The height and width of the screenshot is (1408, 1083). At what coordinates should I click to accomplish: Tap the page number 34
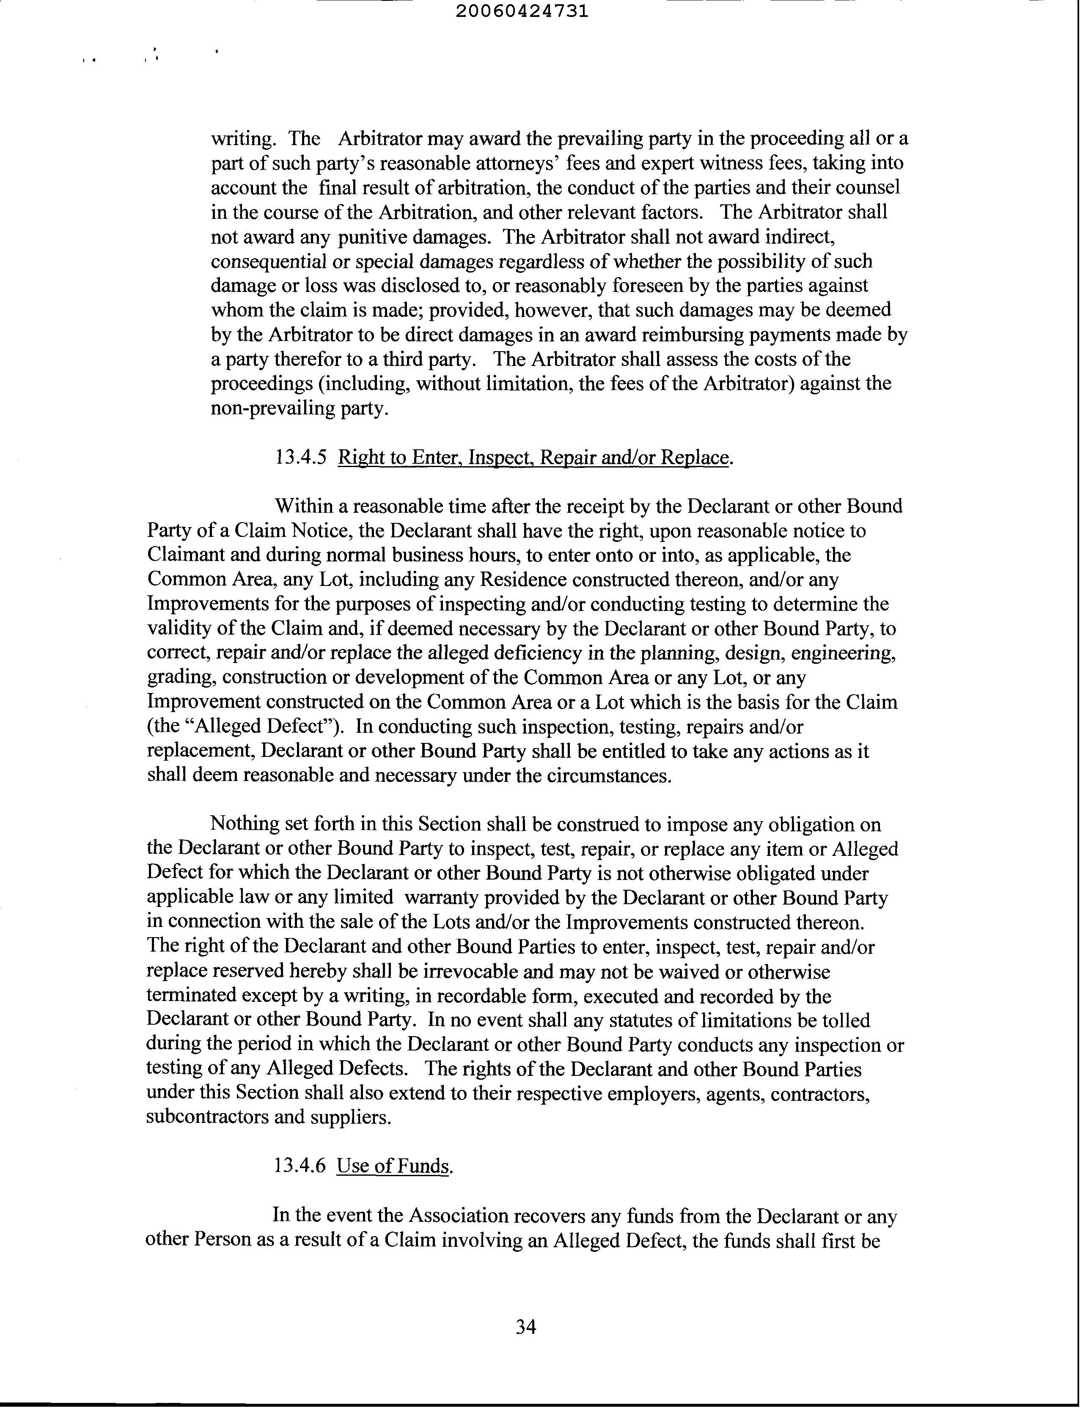click(526, 1326)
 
